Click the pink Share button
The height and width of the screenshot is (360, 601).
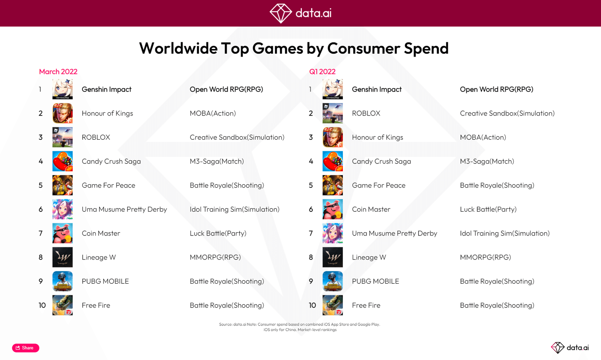(x=26, y=348)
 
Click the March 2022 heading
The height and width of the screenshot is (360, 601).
(x=58, y=72)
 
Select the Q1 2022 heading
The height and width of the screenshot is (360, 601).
(x=322, y=72)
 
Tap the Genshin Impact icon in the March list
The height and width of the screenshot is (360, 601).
(x=62, y=89)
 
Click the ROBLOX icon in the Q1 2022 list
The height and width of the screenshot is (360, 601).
(x=332, y=113)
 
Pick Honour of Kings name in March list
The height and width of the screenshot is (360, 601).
(x=107, y=113)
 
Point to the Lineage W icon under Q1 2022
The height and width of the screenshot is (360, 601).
(x=332, y=257)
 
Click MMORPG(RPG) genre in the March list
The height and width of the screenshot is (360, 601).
(x=215, y=257)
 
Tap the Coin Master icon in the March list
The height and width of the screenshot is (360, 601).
(x=62, y=233)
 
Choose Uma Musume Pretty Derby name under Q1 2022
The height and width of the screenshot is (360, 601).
(x=394, y=233)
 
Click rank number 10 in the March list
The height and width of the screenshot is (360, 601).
(x=42, y=305)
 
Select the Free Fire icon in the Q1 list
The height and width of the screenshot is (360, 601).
(x=332, y=305)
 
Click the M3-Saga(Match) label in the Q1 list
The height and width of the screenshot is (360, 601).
(x=487, y=161)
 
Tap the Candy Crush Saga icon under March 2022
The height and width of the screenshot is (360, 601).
(x=62, y=161)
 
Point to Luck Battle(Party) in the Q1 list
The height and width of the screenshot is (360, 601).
(x=488, y=209)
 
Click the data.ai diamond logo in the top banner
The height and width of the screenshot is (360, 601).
(x=280, y=13)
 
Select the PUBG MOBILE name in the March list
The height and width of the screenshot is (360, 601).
(x=105, y=281)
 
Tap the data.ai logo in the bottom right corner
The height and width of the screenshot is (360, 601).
(x=570, y=347)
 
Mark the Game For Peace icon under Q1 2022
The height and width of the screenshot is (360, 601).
(x=332, y=185)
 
